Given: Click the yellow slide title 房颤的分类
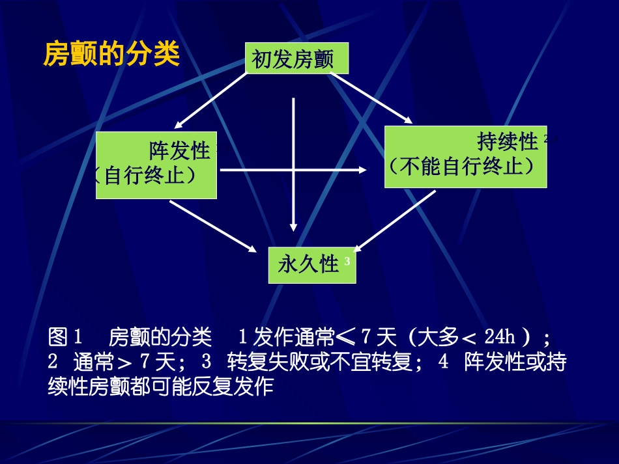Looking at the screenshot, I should click(x=111, y=55).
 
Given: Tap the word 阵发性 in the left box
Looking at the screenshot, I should click(x=179, y=152).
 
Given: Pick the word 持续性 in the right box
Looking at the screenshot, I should click(x=508, y=141).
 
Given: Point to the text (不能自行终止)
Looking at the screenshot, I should click(x=463, y=167).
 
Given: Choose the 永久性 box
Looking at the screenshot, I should click(x=311, y=265).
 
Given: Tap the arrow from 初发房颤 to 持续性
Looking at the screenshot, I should click(x=371, y=98).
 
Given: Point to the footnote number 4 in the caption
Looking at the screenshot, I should click(x=444, y=362).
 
